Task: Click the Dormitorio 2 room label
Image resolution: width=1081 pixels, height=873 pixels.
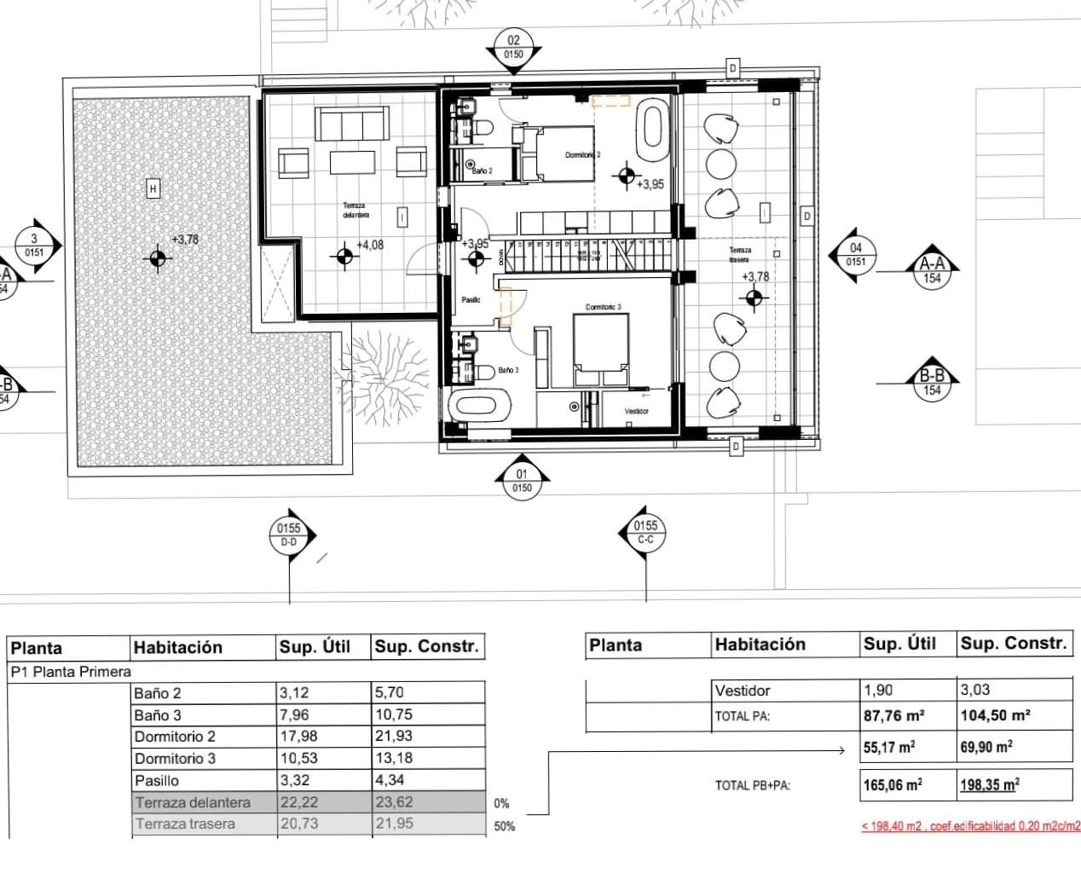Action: [582, 155]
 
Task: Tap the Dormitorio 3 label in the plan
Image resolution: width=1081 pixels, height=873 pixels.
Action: [603, 307]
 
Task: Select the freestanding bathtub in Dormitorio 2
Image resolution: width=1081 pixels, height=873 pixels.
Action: [654, 129]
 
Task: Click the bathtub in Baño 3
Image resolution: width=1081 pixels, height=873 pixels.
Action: [478, 404]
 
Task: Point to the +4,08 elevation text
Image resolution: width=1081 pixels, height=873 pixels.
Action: [370, 245]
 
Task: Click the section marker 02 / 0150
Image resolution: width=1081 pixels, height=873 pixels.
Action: [513, 47]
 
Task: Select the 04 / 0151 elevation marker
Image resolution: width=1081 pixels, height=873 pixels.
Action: [855, 255]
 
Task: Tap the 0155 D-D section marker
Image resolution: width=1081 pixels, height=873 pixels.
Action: [289, 535]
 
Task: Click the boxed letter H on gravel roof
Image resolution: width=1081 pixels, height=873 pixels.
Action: [153, 188]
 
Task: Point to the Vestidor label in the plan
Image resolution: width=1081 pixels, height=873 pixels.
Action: [636, 411]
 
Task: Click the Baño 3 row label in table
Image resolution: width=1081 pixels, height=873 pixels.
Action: [158, 715]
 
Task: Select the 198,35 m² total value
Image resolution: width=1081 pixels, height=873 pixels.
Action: [990, 785]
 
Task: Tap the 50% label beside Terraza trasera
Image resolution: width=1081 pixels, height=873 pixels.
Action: [504, 826]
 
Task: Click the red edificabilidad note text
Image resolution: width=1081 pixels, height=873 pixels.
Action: [970, 826]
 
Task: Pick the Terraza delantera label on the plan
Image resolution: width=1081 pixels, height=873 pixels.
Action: [356, 210]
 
